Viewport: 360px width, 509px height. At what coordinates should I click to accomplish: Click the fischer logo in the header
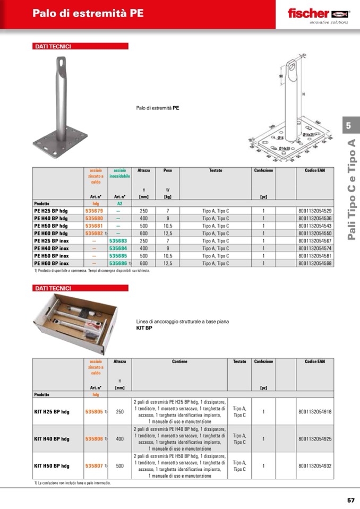pyautogui.click(x=318, y=13)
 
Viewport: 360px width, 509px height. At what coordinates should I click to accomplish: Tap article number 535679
pyautogui.click(x=94, y=211)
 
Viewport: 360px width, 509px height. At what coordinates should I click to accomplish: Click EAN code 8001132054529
pyautogui.click(x=315, y=211)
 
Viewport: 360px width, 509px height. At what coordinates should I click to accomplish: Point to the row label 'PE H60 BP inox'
pyautogui.click(x=52, y=263)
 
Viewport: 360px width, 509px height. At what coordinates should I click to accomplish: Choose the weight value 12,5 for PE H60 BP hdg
pyautogui.click(x=168, y=233)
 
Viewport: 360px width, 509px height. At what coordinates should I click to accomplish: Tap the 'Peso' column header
pyautogui.click(x=168, y=171)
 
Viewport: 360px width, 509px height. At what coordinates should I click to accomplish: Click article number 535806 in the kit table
pyautogui.click(x=94, y=439)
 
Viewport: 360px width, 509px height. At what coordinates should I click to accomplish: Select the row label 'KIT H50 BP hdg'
pyautogui.click(x=52, y=465)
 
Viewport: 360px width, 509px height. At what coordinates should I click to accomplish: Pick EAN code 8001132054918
pyautogui.click(x=315, y=412)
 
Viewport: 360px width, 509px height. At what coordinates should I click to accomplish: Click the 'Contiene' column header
pyautogui.click(x=179, y=361)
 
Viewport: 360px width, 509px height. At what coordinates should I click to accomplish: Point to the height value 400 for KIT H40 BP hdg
pyautogui.click(x=119, y=439)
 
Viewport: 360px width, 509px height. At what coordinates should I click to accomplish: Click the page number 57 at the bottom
pyautogui.click(x=350, y=499)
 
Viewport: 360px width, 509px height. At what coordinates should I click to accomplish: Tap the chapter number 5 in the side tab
pyautogui.click(x=349, y=126)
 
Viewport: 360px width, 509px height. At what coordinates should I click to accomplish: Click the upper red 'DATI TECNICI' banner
pyautogui.click(x=80, y=46)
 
